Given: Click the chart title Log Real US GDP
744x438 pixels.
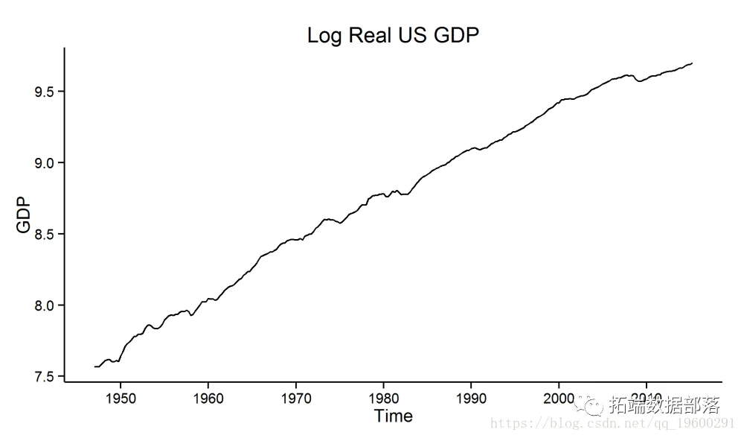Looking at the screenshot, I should click(x=392, y=35).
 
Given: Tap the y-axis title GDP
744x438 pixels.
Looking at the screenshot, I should click(x=25, y=215).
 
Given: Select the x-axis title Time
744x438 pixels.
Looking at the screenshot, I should click(x=393, y=416).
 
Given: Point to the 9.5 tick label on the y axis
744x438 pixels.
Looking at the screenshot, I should click(x=44, y=92).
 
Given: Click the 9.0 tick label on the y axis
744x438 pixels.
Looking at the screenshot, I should click(x=44, y=163).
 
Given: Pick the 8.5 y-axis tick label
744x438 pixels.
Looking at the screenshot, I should click(x=44, y=234).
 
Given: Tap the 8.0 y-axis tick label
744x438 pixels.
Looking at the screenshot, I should click(x=44, y=305).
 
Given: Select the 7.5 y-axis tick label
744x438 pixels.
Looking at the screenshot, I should click(x=44, y=377).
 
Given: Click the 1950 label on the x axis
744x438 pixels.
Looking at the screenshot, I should click(x=121, y=397).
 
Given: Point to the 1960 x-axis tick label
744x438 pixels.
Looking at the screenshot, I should click(x=208, y=397).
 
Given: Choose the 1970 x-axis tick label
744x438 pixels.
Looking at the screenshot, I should click(x=296, y=397).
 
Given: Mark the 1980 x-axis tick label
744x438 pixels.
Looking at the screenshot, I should click(x=384, y=397).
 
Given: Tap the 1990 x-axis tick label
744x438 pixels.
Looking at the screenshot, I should click(x=472, y=397).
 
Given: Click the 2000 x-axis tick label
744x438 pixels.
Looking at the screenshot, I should click(x=559, y=397).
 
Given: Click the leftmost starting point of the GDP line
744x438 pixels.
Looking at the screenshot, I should click(x=95, y=366).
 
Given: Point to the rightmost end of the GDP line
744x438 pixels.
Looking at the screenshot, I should click(x=692, y=63).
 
